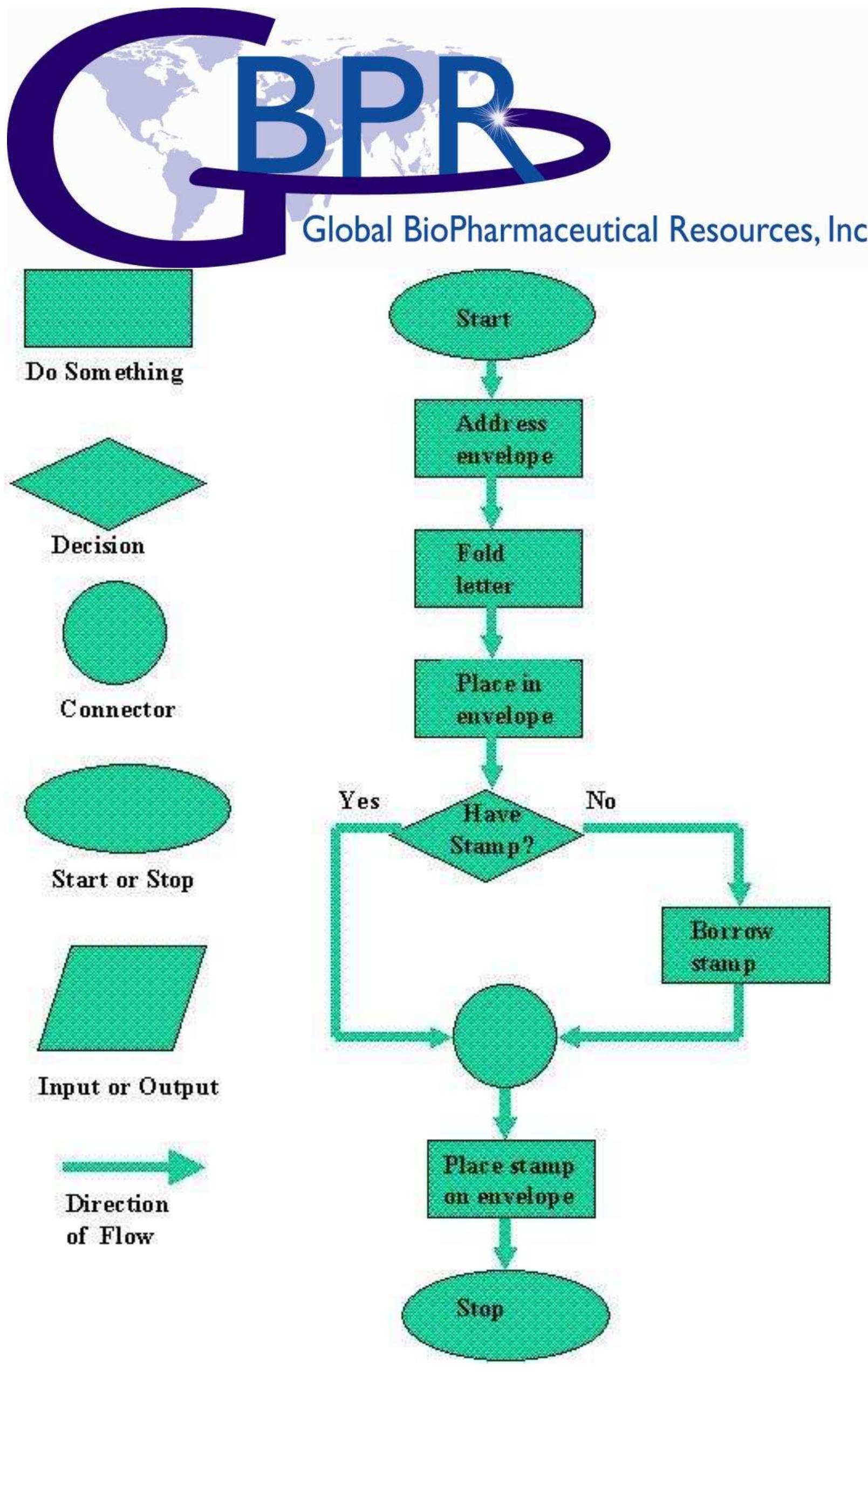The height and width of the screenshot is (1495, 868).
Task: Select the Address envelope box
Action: [x=497, y=438]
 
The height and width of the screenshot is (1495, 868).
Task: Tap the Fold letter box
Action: [x=497, y=568]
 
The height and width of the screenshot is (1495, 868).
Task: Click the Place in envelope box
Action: [x=497, y=698]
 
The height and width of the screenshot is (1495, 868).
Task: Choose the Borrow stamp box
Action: [x=745, y=945]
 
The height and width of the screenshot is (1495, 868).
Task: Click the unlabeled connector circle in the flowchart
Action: [x=504, y=1035]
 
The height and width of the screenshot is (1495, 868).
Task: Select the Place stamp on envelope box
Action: [x=510, y=1179]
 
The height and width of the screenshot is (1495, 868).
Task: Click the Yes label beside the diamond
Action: [x=359, y=801]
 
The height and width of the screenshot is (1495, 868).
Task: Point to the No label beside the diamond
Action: [x=600, y=801]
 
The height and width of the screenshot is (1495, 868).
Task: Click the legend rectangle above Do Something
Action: [x=108, y=308]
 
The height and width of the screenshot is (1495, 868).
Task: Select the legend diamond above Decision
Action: [x=108, y=484]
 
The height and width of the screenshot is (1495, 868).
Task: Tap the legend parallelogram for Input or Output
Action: [x=122, y=998]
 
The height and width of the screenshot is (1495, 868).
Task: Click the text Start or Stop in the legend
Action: [x=122, y=879]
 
